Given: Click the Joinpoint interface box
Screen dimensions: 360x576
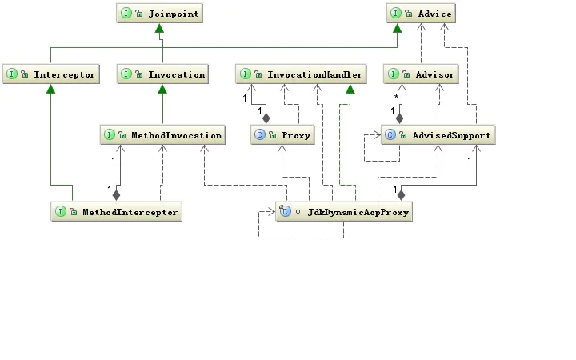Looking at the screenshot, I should pos(159,14).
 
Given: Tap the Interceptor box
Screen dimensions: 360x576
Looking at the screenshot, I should pos(50,74).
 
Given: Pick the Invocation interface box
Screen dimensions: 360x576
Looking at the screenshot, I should pos(163,74).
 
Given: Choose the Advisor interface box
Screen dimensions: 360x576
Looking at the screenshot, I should pos(422,74).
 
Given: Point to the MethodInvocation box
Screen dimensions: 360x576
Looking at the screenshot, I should pos(162,135).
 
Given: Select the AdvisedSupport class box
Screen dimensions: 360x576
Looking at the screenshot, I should pos(436,135).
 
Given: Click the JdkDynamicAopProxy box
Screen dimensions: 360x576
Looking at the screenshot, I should pos(344,212).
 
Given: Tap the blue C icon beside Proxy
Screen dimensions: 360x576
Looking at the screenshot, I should pos(260,135).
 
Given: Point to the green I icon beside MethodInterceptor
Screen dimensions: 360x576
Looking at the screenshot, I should pos(61,212).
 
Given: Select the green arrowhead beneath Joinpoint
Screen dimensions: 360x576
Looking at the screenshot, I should pos(160,29).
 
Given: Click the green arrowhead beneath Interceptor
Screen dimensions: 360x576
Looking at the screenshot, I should pos(50,89).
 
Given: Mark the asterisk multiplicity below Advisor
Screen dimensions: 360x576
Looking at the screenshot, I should pos(397,97).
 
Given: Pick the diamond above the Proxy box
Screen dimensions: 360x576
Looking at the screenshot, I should pos(266,118).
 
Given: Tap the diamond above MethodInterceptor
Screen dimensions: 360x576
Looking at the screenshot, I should pos(116,194).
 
